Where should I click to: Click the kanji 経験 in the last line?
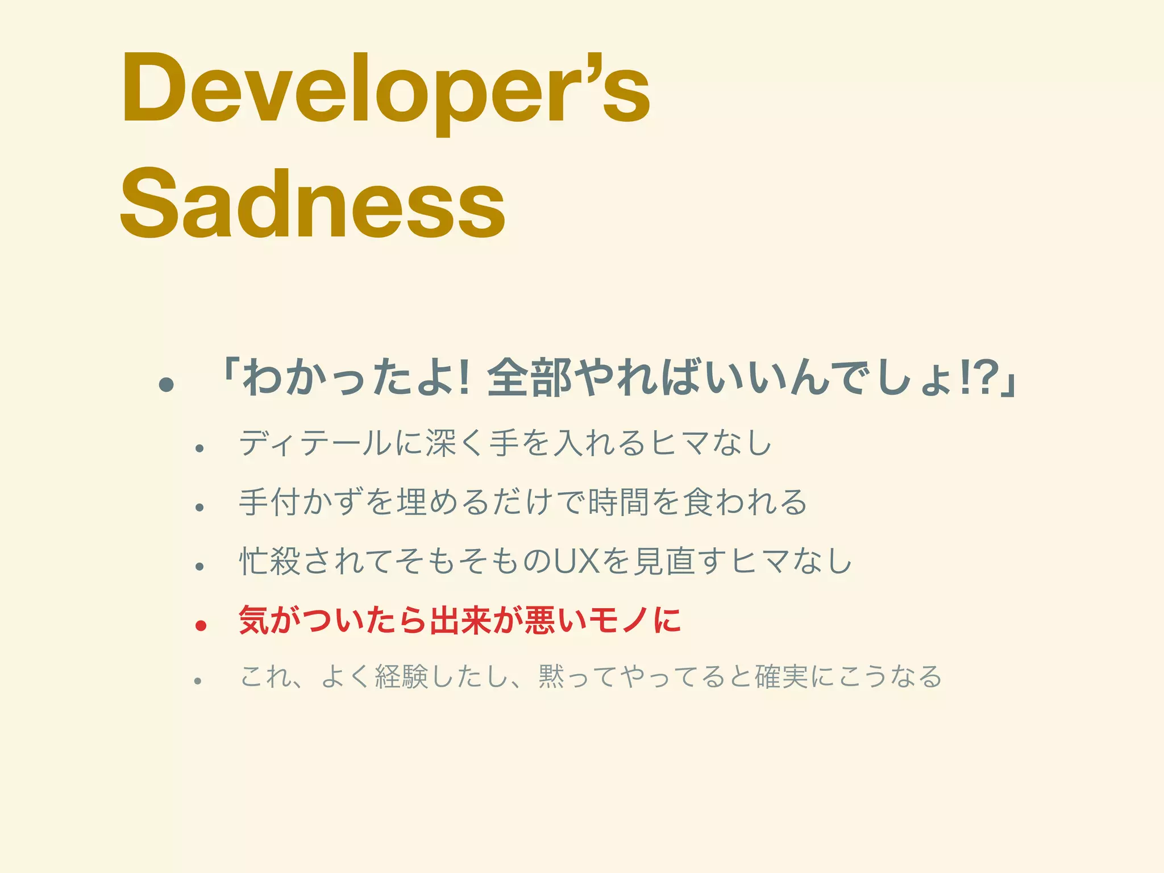point(401,676)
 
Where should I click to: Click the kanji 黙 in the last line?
point(551,676)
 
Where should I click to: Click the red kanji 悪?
point(541,620)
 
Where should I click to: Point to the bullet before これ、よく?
point(198,680)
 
